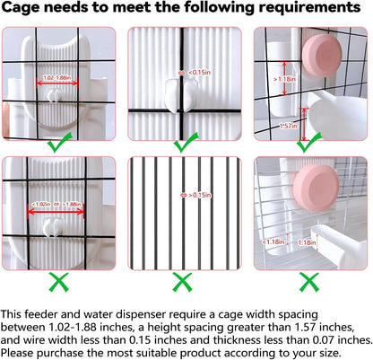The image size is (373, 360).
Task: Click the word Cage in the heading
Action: point(21,7)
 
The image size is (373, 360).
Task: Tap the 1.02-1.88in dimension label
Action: point(57,78)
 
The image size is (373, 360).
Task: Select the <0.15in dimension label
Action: point(199,73)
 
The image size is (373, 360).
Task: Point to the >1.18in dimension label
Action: point(285,79)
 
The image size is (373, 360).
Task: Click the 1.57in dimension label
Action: point(289,126)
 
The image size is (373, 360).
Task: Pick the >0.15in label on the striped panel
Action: point(200,195)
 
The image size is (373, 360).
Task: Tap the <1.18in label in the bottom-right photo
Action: point(273,241)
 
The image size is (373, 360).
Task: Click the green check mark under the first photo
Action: point(60,143)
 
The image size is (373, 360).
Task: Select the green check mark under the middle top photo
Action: point(186,143)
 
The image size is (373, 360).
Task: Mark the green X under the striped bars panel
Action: point(182,282)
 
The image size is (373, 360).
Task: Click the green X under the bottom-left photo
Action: point(58,282)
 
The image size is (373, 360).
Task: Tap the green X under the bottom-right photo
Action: point(309,282)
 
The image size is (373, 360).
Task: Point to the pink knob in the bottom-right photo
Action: point(317,189)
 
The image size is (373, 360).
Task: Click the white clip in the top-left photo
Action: point(53,96)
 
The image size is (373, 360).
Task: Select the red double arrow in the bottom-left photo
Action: point(56,212)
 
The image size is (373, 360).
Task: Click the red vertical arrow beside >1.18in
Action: point(284,78)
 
